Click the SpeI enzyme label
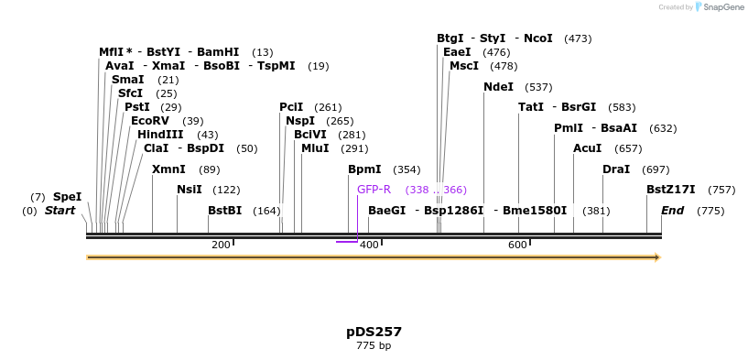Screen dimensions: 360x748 (x=67, y=197)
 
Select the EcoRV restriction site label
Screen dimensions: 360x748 (x=149, y=121)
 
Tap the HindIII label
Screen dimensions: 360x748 (x=160, y=135)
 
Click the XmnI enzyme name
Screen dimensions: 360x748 (x=168, y=169)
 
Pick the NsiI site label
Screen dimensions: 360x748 (x=190, y=190)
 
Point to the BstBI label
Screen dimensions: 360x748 (x=224, y=211)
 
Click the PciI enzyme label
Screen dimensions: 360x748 (x=291, y=107)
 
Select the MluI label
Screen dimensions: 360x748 (x=316, y=148)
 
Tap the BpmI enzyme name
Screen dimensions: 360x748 (x=364, y=169)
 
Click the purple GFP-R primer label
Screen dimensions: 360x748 (x=374, y=190)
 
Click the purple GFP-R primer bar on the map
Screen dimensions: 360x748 (x=347, y=242)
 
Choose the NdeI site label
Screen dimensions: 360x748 (x=499, y=87)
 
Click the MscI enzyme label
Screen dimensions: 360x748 (x=464, y=66)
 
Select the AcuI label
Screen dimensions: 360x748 (x=588, y=148)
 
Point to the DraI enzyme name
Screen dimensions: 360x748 (x=616, y=169)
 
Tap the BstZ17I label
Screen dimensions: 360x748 (x=670, y=190)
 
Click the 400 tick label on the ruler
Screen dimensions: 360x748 (x=369, y=245)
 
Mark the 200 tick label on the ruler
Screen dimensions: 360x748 (x=221, y=245)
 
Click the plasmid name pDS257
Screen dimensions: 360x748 (x=374, y=332)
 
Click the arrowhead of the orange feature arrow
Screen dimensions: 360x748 (x=656, y=257)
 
